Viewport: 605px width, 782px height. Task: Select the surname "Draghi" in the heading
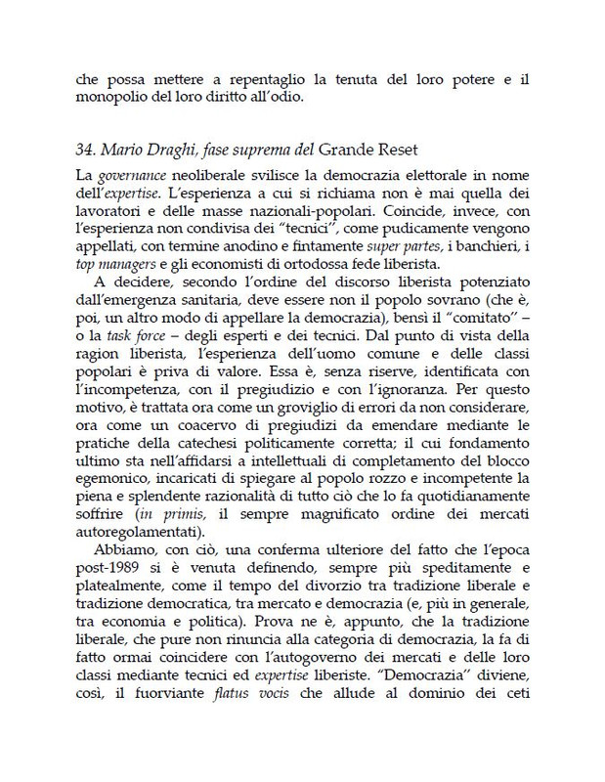[x=183, y=151]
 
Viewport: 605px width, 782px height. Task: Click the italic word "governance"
[x=131, y=175]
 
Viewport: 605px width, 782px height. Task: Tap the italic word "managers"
[x=137, y=264]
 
